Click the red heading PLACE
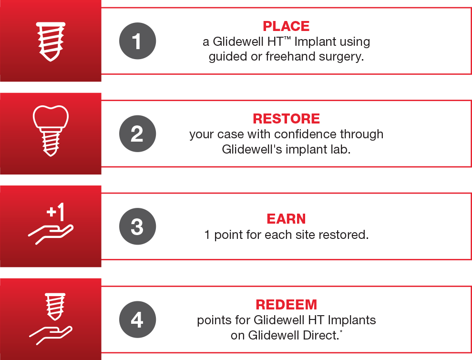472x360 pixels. point(286,26)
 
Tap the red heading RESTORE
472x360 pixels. point(286,119)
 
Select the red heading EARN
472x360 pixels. point(286,219)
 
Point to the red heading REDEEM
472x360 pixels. point(286,305)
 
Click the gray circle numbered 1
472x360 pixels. point(138,41)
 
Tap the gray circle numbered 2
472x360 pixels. point(138,134)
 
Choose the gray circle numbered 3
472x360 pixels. point(138,226)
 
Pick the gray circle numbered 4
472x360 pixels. point(138,319)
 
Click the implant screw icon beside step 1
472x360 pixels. point(51,41)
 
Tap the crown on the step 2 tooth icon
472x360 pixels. point(51,116)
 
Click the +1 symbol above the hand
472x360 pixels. point(56,212)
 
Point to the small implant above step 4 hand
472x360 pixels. point(55,307)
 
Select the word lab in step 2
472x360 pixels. point(342,149)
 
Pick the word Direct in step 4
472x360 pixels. point(321,335)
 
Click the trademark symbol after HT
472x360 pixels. point(287,38)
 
